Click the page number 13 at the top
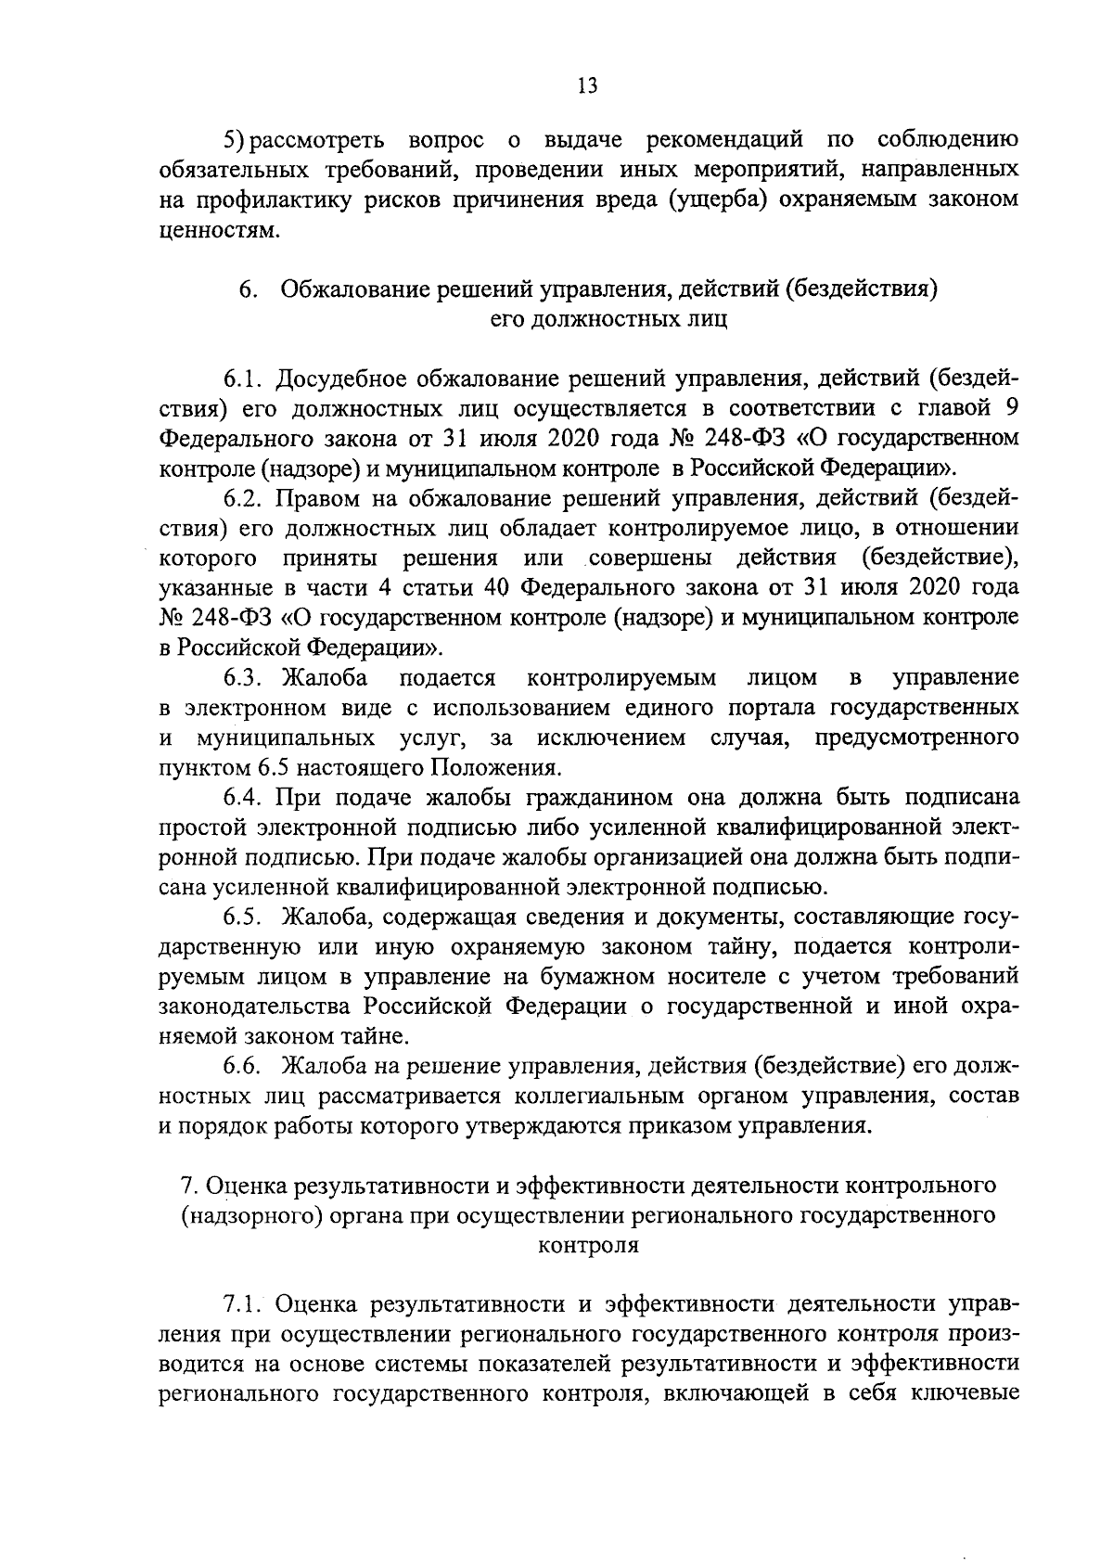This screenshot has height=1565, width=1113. (x=586, y=86)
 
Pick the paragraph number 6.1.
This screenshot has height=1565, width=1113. (x=245, y=378)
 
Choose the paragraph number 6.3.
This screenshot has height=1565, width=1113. (x=245, y=677)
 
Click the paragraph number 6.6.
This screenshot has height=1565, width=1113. (x=245, y=1065)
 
